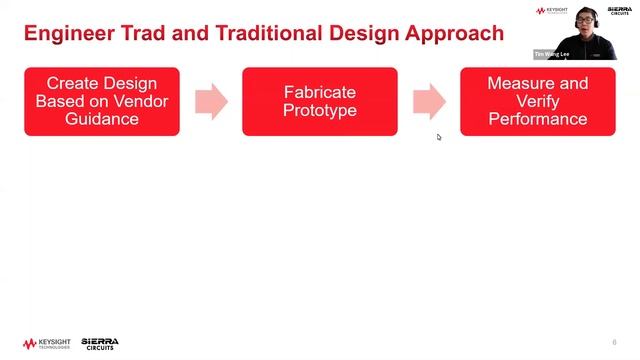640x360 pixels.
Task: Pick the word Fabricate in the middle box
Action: [320, 92]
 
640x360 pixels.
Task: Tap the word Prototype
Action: [320, 110]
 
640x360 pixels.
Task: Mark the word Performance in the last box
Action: [538, 119]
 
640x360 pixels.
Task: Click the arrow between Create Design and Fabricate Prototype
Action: [211, 101]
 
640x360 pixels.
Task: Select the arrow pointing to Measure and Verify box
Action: [429, 101]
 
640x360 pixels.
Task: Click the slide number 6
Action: [614, 342]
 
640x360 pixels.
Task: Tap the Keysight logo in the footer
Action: [44, 343]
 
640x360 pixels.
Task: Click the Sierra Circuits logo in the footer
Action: [99, 343]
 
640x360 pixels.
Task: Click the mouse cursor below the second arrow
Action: [439, 137]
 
